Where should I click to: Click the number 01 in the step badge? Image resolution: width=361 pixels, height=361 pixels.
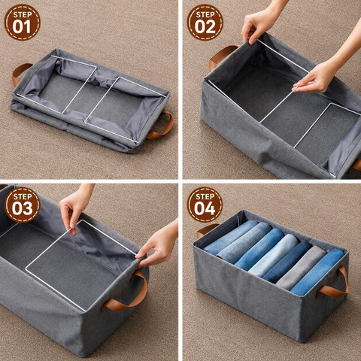click(22, 26)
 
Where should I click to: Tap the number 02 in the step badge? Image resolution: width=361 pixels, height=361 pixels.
click(205, 26)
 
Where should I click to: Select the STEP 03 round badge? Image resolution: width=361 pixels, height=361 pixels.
click(23, 205)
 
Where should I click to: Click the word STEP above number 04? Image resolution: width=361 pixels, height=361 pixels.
click(205, 196)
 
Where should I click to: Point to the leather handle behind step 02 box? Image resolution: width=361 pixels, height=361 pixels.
click(220, 56)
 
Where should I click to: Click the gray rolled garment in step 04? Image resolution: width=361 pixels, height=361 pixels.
click(301, 268)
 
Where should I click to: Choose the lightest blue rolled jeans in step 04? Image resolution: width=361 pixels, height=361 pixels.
click(273, 256)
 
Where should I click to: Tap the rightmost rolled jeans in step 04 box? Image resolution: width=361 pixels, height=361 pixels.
click(318, 273)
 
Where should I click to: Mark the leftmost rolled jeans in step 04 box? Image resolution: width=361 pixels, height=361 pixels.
click(230, 237)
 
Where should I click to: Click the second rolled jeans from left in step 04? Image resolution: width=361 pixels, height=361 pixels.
click(244, 243)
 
